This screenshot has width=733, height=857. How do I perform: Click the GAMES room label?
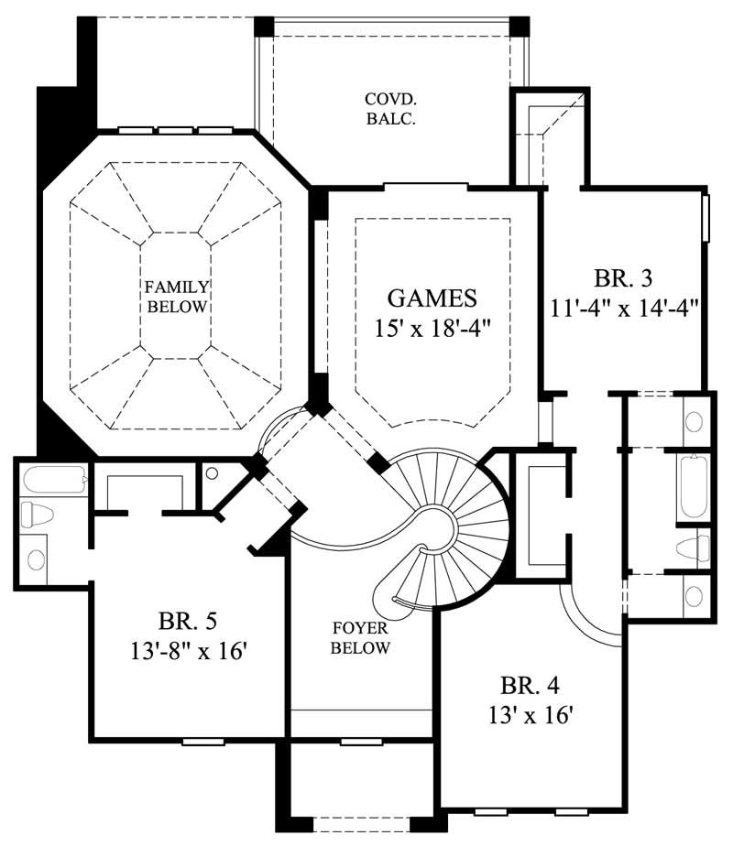(x=432, y=298)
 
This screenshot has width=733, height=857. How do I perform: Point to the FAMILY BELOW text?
(x=175, y=297)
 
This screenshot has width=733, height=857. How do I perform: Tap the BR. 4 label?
(x=530, y=685)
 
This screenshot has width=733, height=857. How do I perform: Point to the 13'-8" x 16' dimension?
(x=186, y=652)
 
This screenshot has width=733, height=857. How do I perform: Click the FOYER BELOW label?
(x=361, y=639)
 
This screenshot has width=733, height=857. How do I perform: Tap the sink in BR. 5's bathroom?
(x=37, y=558)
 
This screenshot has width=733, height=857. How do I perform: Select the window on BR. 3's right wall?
(x=706, y=217)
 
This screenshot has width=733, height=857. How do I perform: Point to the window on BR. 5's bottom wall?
(x=202, y=741)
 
